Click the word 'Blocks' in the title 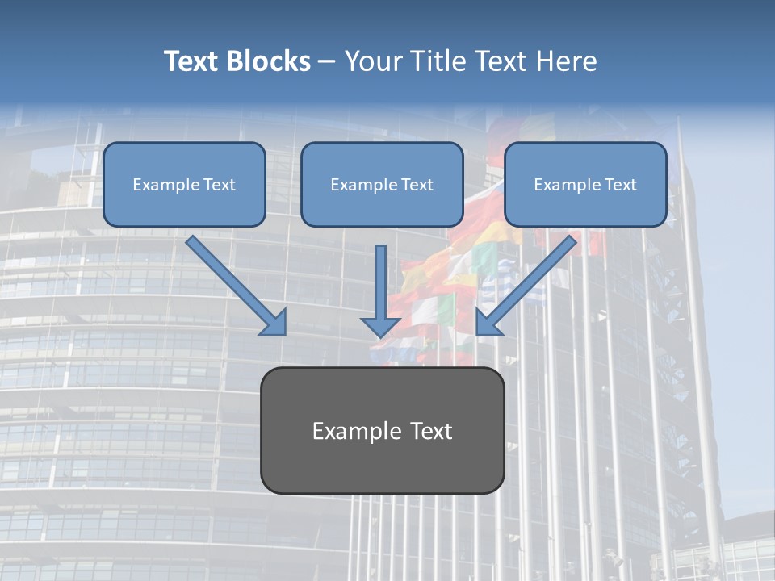click(268, 61)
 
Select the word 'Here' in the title click(570, 61)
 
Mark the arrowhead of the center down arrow click(381, 326)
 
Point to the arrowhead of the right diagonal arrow click(487, 324)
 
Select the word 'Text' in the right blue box click(620, 184)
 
